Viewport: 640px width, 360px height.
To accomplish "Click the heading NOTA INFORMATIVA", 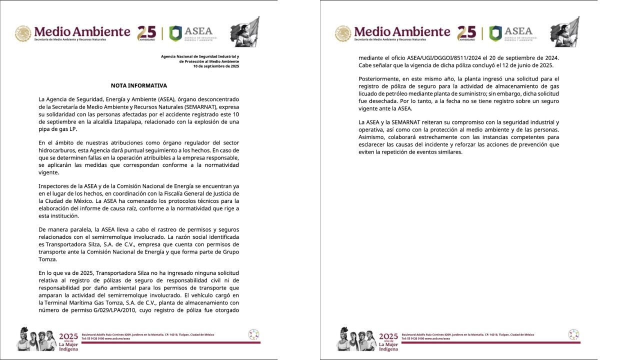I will [x=139, y=86].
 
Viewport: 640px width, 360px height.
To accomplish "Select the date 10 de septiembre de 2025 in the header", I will [x=216, y=66].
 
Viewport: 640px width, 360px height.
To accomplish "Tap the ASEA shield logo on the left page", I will [x=175, y=33].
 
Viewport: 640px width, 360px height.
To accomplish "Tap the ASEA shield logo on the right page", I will [x=495, y=33].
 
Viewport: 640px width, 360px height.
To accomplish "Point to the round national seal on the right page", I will [x=343, y=33].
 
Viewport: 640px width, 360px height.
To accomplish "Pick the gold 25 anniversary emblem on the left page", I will [x=146, y=33].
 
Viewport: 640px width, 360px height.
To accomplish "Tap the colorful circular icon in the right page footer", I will [x=573, y=334].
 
